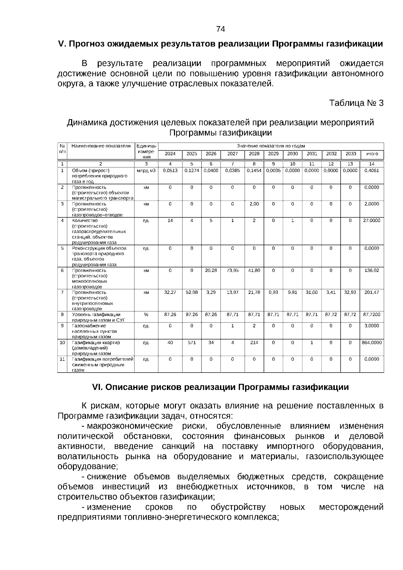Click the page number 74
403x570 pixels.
(x=220, y=29)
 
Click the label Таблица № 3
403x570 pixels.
(x=356, y=103)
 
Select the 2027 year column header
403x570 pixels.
(x=232, y=154)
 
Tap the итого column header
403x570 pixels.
(x=372, y=154)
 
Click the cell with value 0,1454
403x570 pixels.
(x=254, y=171)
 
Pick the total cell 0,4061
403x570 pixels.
(x=372, y=171)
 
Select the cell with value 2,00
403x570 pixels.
(x=254, y=204)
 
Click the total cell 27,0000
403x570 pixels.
(x=372, y=221)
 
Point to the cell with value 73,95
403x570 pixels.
(x=232, y=270)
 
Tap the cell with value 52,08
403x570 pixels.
(x=192, y=293)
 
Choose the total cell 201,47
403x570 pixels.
(x=372, y=293)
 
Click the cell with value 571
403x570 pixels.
(x=192, y=343)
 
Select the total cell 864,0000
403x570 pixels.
(x=372, y=343)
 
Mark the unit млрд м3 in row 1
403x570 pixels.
(x=146, y=171)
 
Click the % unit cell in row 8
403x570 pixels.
(x=146, y=315)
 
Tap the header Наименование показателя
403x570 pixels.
(x=101, y=146)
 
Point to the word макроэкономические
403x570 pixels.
(x=130, y=426)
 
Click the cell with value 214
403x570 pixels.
(x=254, y=343)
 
